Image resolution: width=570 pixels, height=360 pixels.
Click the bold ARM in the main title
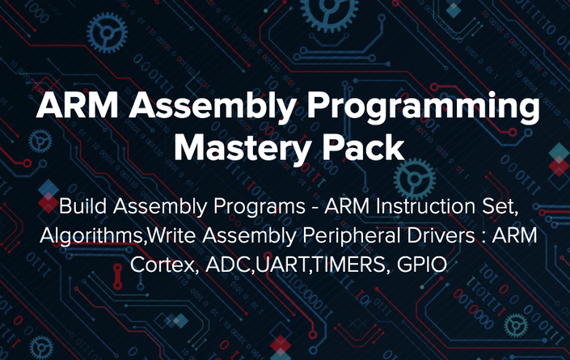pyautogui.click(x=77, y=105)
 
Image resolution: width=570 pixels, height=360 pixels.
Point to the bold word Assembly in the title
pyautogui.click(x=212, y=106)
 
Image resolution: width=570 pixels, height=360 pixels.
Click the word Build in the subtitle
pyautogui.click(x=83, y=205)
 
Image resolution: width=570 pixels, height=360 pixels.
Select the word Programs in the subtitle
pyautogui.click(x=260, y=207)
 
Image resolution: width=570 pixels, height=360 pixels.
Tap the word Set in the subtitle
pyautogui.click(x=500, y=207)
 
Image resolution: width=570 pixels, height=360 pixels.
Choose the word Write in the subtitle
pyautogui.click(x=172, y=235)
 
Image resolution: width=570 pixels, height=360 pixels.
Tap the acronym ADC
pyautogui.click(x=228, y=265)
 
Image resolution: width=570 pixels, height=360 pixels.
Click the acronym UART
pyautogui.click(x=282, y=265)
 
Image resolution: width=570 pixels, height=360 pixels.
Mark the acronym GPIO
pyautogui.click(x=422, y=265)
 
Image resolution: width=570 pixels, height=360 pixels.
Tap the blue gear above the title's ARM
pyautogui.click(x=107, y=32)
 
